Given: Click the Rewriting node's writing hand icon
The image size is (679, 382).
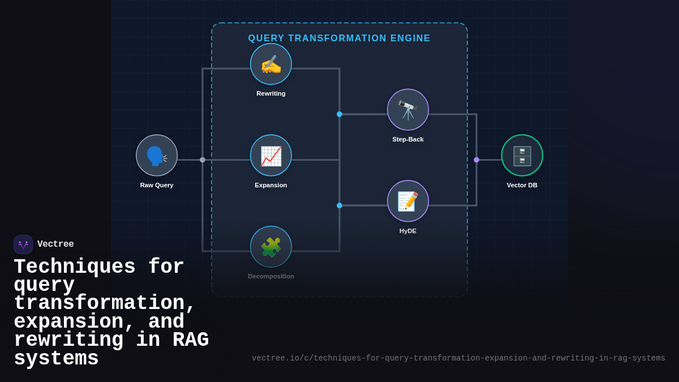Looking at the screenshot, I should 271,64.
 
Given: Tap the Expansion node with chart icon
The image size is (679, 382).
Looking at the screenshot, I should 271,156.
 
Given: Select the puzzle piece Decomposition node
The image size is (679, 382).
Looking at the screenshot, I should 271,247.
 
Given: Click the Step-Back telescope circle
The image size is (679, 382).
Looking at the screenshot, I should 408,110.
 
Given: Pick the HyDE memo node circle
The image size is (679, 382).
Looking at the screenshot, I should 408,201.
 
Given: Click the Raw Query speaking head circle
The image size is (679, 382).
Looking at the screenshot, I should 157,156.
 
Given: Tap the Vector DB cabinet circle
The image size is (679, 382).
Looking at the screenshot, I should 522,156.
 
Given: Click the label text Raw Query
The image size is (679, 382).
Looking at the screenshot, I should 157,185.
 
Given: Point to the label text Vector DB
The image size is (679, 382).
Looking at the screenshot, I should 522,185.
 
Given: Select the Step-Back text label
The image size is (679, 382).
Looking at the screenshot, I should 408,139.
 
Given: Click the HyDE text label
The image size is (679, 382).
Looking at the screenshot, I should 408,231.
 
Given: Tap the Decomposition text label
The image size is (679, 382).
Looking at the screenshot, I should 271,276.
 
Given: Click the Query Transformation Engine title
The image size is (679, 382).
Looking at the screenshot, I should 339,38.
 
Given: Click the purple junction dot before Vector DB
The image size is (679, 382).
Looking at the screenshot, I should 476,160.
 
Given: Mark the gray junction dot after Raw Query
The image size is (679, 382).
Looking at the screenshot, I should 203,160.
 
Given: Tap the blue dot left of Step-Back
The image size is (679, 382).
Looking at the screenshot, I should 339,114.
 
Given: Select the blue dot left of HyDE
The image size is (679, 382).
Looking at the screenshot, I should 339,205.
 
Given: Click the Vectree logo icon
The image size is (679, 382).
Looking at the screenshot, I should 23,244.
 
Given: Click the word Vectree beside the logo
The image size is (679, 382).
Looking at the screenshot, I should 55,244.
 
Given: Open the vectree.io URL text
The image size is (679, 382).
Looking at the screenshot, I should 458,358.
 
